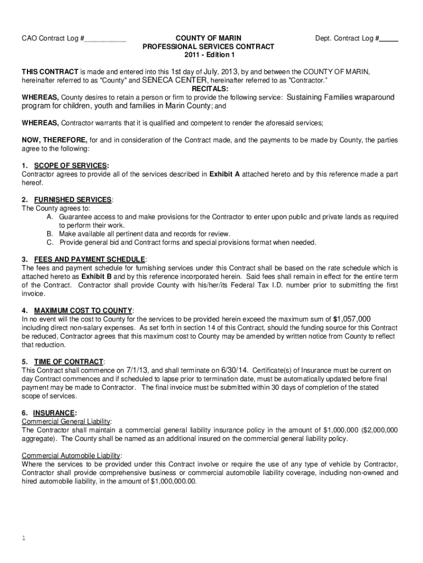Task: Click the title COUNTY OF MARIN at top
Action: click(208, 38)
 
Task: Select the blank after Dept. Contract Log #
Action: click(389, 40)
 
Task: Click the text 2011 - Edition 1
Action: click(208, 56)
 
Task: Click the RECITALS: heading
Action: click(209, 89)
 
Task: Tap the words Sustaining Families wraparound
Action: click(341, 97)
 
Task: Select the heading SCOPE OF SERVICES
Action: click(71, 165)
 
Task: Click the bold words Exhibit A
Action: click(224, 174)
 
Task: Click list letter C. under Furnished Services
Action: click(50, 242)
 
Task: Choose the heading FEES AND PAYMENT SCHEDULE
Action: click(90, 259)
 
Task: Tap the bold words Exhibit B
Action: click(96, 277)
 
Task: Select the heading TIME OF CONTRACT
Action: click(69, 361)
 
